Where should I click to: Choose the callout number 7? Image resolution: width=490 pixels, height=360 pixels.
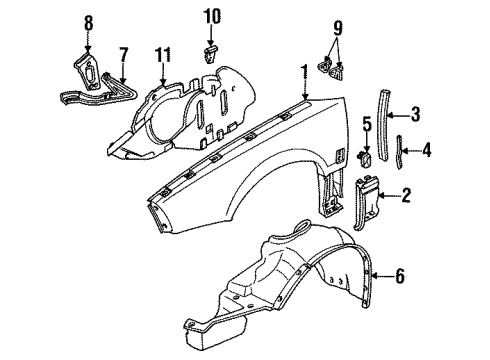[123, 53]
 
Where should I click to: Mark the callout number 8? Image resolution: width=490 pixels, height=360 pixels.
[88, 23]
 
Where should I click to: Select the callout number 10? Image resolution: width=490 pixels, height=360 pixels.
[211, 16]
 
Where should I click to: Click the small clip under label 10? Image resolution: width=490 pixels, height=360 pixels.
[211, 46]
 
